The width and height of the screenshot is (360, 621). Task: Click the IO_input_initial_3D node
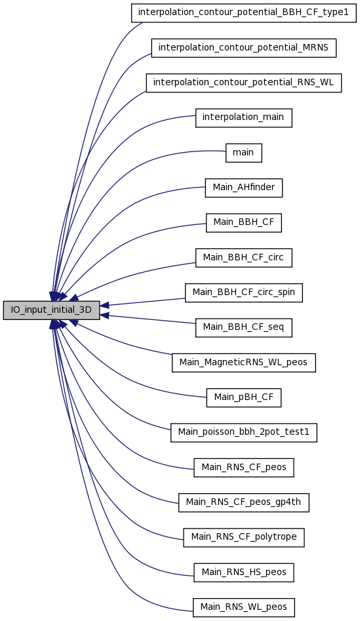click(52, 310)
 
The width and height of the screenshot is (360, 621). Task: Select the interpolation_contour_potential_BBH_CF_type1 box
click(243, 12)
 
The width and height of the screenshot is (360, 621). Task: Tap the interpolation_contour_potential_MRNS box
click(243, 47)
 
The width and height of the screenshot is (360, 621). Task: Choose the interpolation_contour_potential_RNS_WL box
click(243, 83)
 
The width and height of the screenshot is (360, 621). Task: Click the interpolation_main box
click(243, 117)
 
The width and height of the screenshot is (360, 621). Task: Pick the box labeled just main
click(243, 153)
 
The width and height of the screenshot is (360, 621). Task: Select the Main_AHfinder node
click(243, 188)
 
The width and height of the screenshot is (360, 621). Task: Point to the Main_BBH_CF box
click(243, 222)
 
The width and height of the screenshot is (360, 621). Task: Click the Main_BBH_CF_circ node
click(243, 258)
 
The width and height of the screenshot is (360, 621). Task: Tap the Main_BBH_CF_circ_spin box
click(243, 292)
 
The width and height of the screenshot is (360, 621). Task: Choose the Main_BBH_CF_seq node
click(243, 327)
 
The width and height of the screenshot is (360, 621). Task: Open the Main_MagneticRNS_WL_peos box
click(243, 363)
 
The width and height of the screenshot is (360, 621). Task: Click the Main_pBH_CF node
click(243, 397)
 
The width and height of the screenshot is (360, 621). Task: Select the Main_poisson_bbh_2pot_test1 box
click(243, 433)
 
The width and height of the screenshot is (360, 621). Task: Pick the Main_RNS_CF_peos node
click(243, 468)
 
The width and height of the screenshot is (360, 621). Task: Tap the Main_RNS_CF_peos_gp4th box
click(243, 502)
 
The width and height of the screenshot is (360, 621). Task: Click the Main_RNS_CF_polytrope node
click(243, 538)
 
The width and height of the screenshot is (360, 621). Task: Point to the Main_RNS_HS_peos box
click(243, 572)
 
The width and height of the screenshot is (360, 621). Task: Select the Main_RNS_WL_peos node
click(243, 607)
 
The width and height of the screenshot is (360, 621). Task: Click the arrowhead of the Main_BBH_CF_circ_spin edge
click(104, 305)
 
